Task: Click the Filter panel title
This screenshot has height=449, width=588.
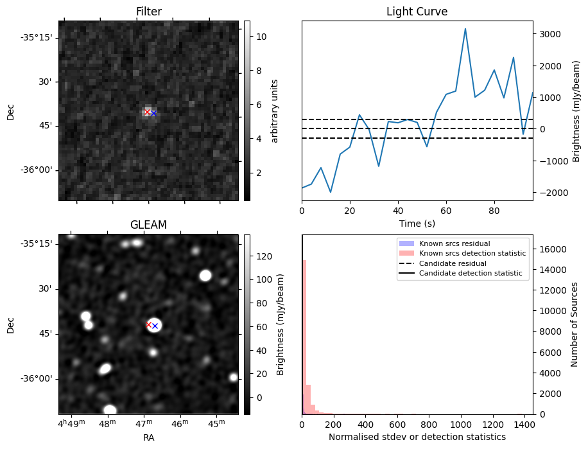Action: [148, 12]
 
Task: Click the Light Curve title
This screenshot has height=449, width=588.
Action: [417, 12]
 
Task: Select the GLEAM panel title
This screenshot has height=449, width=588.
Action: [148, 225]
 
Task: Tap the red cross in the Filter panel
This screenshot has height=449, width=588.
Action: [147, 112]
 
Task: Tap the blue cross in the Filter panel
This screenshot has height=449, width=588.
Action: [153, 114]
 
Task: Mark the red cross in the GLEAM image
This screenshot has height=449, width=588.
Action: [149, 324]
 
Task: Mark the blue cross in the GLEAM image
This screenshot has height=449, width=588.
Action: [155, 326]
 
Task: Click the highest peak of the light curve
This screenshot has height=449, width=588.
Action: [465, 29]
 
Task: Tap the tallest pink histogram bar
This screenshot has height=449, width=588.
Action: [304, 334]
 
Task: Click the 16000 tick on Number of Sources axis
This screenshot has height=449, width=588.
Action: [551, 249]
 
